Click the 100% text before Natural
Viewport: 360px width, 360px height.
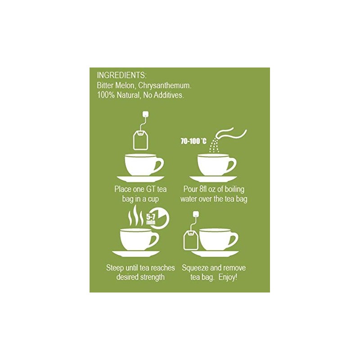(106, 95)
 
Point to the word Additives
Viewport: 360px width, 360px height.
(168, 95)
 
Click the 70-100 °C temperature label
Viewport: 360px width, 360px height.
(194, 141)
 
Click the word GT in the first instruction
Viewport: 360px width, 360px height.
(151, 189)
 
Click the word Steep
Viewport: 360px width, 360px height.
(115, 268)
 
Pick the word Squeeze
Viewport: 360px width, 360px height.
(197, 268)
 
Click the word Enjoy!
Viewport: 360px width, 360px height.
(227, 277)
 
